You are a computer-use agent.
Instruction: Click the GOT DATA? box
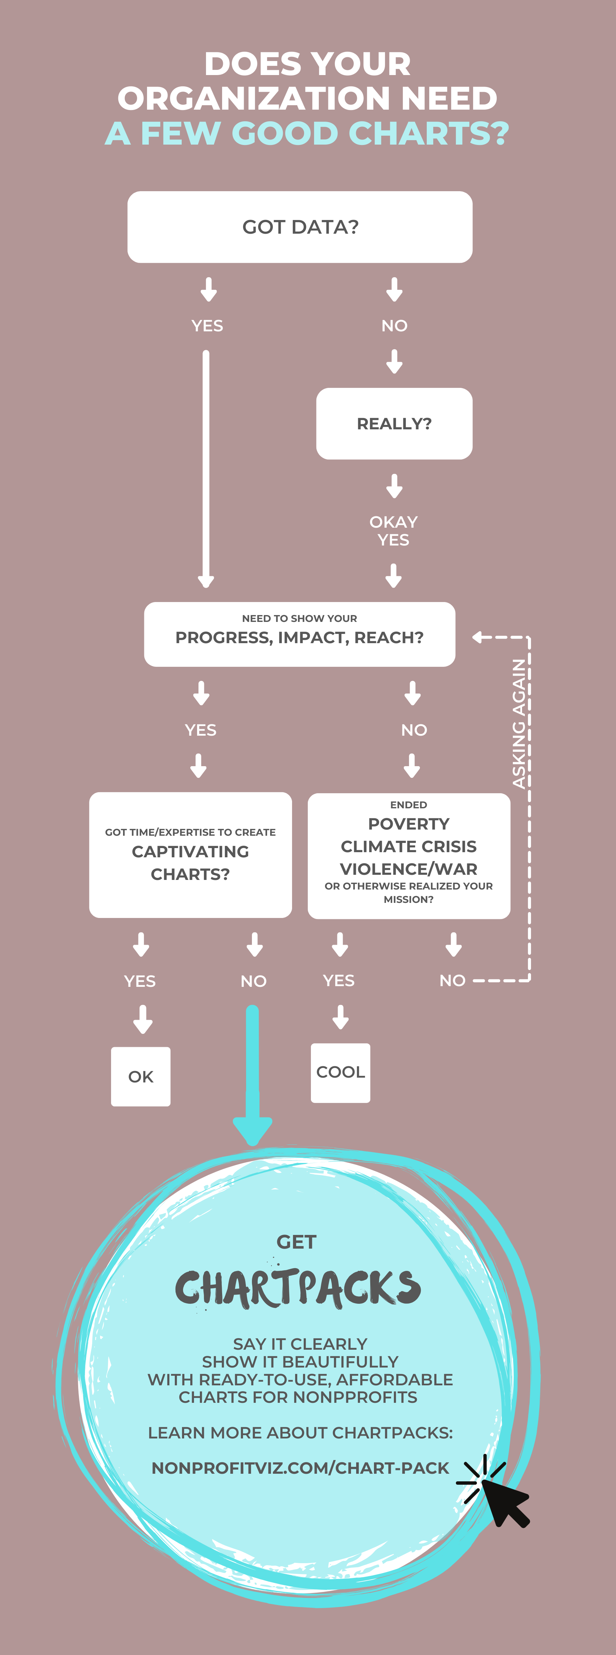300,227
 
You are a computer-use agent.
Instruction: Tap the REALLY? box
394,424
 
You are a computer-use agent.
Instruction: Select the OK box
141,1076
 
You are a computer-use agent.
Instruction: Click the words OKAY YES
394,531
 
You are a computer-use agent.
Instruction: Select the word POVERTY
409,824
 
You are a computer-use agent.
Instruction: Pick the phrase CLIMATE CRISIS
409,846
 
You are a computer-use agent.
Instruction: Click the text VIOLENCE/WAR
409,869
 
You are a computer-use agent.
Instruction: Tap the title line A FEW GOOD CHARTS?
307,134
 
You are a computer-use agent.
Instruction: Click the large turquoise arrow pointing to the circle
253,1079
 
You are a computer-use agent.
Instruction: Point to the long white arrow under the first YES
206,469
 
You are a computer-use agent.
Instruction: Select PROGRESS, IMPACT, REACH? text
300,637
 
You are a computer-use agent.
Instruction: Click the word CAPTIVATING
190,851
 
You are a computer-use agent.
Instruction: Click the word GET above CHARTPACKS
297,1242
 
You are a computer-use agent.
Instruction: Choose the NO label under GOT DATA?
394,326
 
